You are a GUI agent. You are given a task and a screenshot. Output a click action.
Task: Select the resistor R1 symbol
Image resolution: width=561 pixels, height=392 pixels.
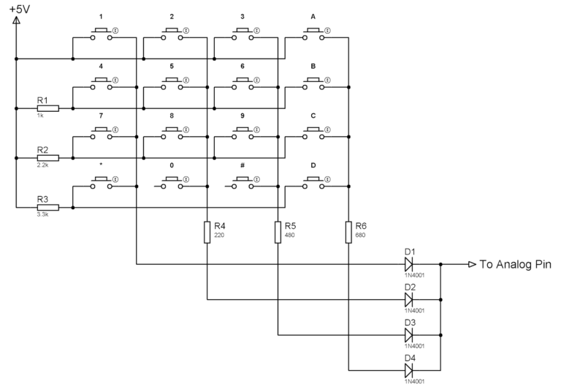point(47,107)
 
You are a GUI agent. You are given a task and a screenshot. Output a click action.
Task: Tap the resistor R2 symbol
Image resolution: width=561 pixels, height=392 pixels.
point(47,157)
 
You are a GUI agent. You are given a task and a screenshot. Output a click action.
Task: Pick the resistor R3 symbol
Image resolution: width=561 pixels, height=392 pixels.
point(47,208)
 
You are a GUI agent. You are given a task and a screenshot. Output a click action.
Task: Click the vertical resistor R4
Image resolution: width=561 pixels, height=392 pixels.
point(207,232)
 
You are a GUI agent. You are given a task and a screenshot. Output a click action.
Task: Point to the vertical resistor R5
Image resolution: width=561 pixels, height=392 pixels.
point(278,232)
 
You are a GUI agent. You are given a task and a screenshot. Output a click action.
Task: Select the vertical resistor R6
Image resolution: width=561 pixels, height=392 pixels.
point(349,232)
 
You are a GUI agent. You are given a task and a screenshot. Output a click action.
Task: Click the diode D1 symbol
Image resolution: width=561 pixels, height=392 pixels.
point(409,264)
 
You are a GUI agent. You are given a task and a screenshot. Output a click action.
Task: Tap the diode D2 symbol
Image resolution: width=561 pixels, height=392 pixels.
point(409,299)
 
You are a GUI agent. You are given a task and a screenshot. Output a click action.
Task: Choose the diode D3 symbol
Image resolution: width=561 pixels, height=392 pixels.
point(409,335)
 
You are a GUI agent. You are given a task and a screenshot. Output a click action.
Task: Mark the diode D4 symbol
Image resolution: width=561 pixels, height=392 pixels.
point(409,370)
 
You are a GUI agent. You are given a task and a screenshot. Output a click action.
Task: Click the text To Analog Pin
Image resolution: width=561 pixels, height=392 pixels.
point(515,264)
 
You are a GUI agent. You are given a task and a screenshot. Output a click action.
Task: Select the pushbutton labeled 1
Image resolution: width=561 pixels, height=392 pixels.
point(101,34)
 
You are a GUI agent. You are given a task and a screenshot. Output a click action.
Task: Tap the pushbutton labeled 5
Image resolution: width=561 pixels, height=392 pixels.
point(172,85)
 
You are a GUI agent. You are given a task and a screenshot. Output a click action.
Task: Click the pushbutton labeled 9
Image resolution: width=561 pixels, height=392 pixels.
point(243,135)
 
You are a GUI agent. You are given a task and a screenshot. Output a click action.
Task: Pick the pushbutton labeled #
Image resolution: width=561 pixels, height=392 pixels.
point(243,186)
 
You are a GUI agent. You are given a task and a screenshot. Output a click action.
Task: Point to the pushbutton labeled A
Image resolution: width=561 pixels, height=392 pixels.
point(313,34)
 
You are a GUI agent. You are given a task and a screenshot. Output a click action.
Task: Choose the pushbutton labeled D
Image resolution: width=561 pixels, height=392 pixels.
point(313,186)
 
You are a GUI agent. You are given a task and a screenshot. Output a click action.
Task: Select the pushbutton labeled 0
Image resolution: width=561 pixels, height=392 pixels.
point(172,186)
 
